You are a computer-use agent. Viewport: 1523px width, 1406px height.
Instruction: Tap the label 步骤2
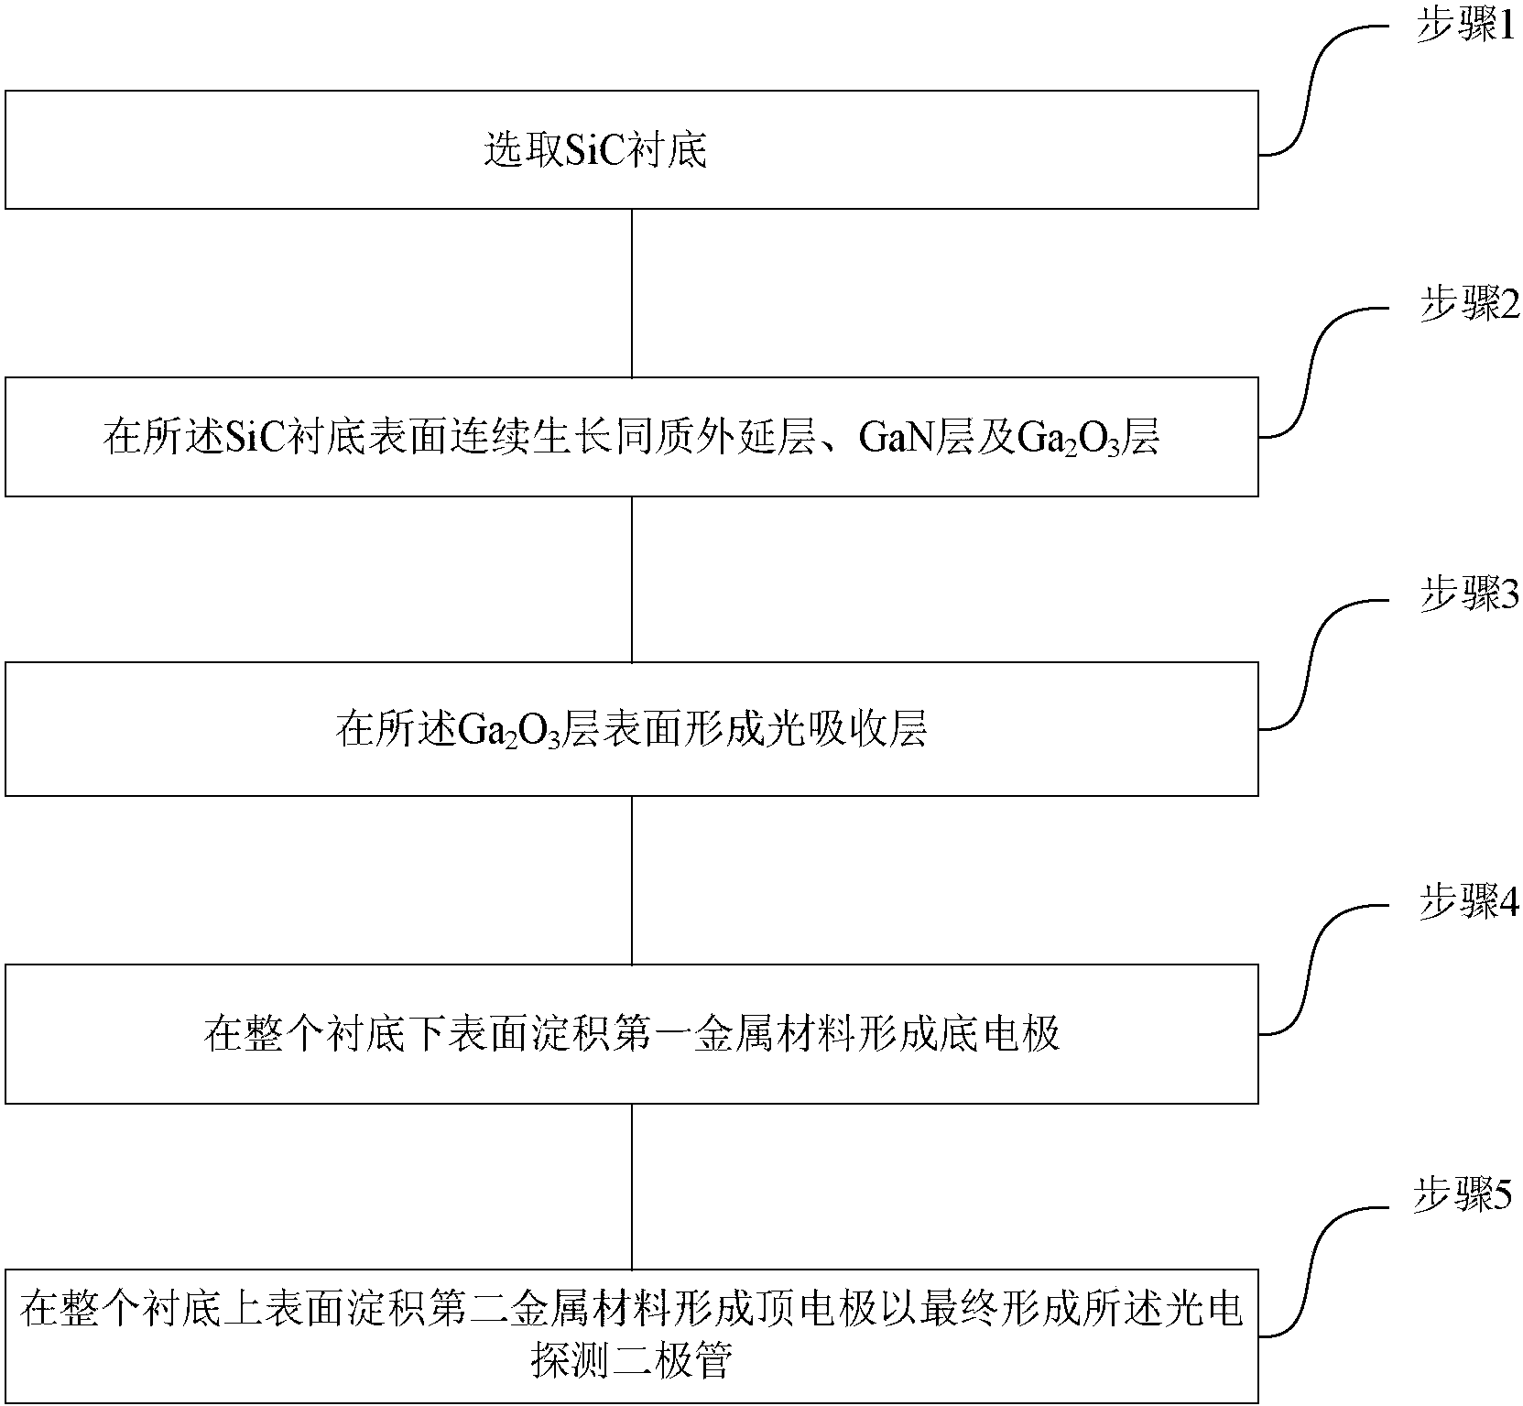tap(1468, 304)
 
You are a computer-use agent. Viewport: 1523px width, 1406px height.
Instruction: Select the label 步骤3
tap(1468, 596)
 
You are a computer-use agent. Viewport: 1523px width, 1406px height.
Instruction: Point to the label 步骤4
tap(1468, 903)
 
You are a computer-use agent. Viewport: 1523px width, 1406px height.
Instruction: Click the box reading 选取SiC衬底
tap(631, 150)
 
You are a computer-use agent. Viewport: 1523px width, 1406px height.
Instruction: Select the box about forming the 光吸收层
tap(631, 729)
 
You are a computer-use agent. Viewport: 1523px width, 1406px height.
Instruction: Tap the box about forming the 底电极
tap(631, 1034)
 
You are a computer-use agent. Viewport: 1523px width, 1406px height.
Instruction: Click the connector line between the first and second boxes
tap(632, 293)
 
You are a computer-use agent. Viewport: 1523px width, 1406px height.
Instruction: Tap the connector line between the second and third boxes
tap(632, 579)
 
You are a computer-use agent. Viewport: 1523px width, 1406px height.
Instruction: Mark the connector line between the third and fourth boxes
tap(632, 879)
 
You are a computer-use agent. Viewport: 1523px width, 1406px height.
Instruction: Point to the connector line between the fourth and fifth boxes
tap(632, 1186)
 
